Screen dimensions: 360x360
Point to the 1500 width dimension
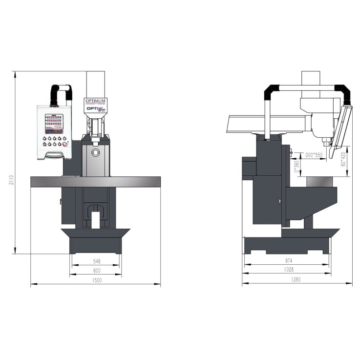click(x=96, y=280)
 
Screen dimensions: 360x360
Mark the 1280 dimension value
click(x=296, y=280)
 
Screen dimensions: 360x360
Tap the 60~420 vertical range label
click(x=344, y=159)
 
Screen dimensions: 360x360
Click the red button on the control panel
click(x=65, y=144)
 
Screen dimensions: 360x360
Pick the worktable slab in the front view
click(x=96, y=181)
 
